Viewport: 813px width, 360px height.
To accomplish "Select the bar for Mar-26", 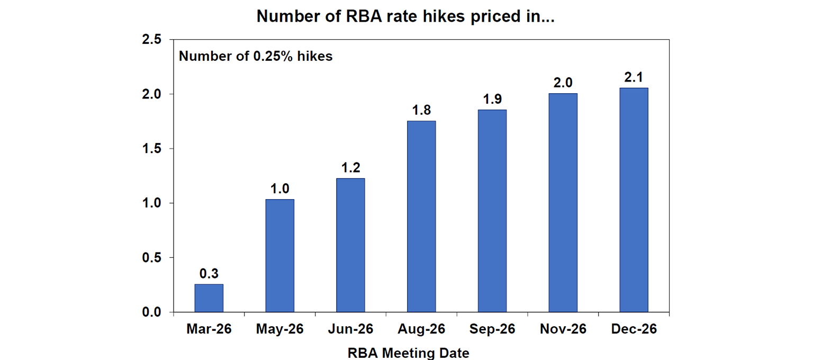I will click(x=209, y=298).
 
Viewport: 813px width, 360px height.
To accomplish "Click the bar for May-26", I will click(x=279, y=256).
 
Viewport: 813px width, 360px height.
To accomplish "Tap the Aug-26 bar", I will click(x=421, y=217).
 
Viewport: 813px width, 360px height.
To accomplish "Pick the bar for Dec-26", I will click(x=634, y=200).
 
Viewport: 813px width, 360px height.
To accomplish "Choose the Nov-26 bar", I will click(x=563, y=203).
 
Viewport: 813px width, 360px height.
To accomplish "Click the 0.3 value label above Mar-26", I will click(x=209, y=274).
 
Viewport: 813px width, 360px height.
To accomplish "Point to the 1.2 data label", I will click(x=350, y=168).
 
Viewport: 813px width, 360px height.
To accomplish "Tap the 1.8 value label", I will click(x=421, y=110).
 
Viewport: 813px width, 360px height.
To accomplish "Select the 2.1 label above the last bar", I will click(x=634, y=77).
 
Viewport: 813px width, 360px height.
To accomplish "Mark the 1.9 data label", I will click(x=492, y=99).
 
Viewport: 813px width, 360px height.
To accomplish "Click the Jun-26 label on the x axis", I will click(x=350, y=329).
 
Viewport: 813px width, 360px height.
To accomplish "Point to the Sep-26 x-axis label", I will click(x=492, y=329).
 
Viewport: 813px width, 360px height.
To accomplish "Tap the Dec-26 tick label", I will click(x=634, y=329).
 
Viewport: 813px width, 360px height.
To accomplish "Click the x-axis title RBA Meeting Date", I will click(x=408, y=352).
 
